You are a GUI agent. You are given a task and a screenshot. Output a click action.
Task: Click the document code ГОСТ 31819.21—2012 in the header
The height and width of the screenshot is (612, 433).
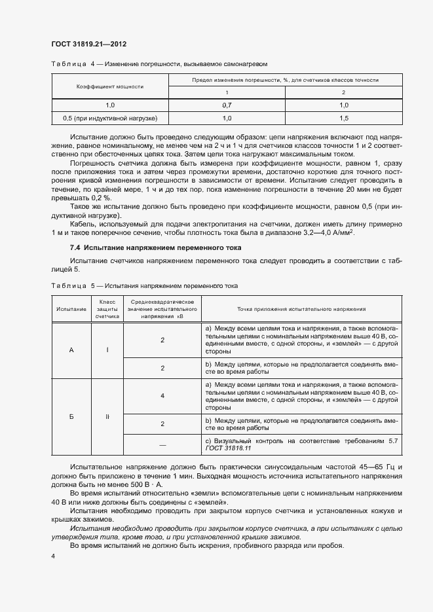tap(88, 45)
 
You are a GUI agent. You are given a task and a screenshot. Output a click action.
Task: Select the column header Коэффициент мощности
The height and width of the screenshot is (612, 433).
tap(109, 86)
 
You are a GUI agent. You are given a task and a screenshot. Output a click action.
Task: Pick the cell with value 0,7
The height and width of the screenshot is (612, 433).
tap(227, 105)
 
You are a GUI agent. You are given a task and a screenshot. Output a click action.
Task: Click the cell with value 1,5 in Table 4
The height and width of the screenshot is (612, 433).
tap(343, 118)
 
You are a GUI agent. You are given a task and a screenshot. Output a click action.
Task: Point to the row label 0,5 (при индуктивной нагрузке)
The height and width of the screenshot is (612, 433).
tap(109, 118)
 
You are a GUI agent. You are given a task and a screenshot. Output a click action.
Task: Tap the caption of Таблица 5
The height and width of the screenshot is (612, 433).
tap(144, 286)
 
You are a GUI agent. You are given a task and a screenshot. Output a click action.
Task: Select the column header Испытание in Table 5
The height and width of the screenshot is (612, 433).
tap(71, 308)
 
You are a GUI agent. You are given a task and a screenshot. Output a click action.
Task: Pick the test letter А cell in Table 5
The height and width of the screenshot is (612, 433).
tap(71, 350)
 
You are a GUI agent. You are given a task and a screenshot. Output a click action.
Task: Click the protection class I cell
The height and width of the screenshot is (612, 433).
tap(107, 350)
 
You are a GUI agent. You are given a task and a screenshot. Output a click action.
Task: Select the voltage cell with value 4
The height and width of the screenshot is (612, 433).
tap(162, 396)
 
